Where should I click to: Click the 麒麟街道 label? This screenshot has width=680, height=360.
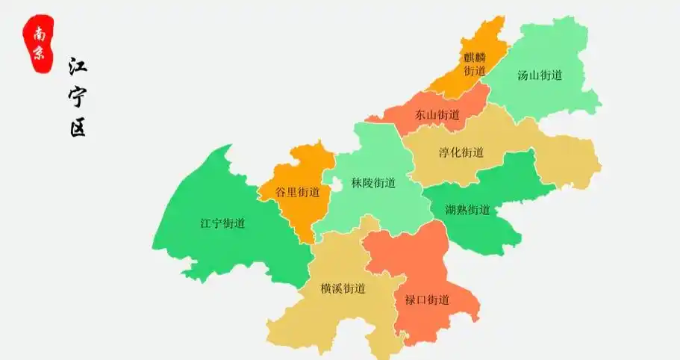474,63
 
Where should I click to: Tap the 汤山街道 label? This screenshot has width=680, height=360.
539,75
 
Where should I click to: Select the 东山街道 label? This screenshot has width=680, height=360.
437,115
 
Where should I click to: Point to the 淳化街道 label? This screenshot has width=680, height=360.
461,152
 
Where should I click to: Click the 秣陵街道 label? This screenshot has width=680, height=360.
373,183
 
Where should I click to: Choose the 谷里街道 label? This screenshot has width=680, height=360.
297,192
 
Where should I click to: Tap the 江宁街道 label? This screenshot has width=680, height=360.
222,223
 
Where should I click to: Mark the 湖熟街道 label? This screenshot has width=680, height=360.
467,210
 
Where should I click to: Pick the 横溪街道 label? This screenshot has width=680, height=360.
343,288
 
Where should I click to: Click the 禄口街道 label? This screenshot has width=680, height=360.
427,300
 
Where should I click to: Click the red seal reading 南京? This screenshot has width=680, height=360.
38,43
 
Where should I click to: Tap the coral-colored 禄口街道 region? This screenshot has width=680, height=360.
418,261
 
